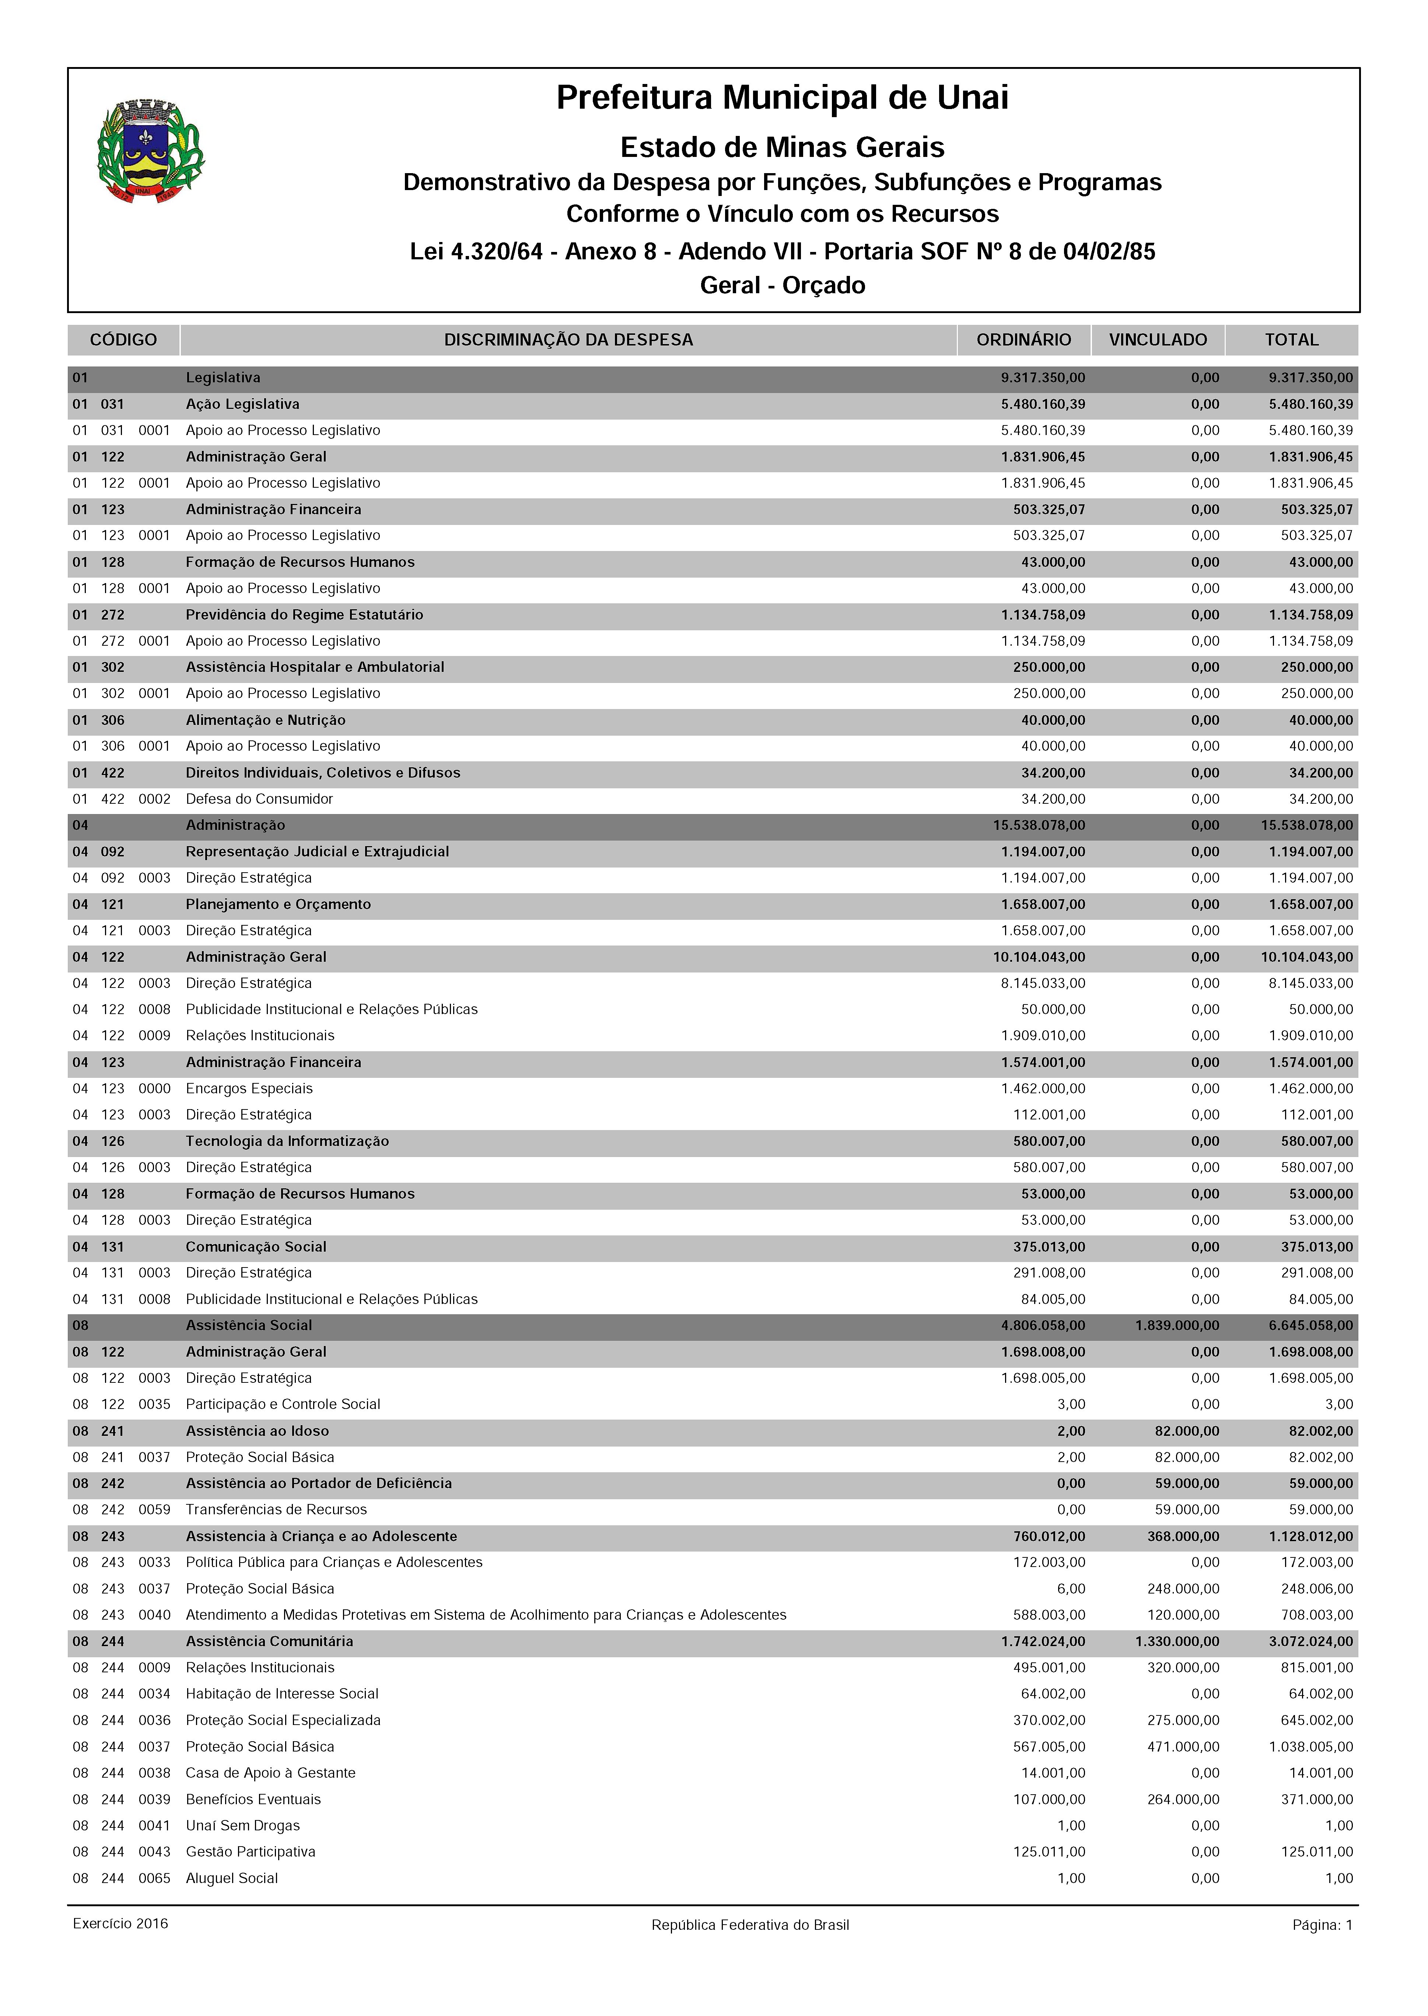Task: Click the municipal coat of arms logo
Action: point(150,151)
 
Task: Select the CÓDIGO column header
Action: point(123,339)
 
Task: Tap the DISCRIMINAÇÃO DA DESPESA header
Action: point(568,339)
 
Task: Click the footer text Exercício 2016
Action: point(120,1924)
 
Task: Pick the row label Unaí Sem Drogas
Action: point(243,1825)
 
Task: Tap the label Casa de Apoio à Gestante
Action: point(270,1773)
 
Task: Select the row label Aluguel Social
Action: point(231,1878)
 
